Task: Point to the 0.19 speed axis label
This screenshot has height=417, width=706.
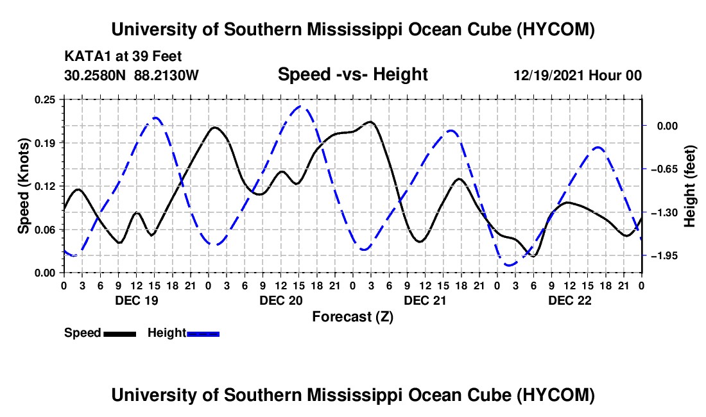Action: (x=44, y=143)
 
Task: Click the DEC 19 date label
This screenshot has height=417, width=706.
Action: (x=137, y=300)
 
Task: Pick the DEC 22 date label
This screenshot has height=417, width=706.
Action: (x=569, y=300)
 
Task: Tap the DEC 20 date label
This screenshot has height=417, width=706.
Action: (x=281, y=300)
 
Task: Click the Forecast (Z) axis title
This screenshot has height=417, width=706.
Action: (x=352, y=317)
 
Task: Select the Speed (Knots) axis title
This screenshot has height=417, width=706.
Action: (x=23, y=186)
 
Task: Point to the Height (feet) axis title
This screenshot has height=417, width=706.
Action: (x=689, y=186)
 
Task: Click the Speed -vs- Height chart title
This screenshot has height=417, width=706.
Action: (x=352, y=74)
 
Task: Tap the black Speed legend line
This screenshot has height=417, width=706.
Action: (x=120, y=334)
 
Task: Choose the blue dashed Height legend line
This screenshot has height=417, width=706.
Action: (x=203, y=334)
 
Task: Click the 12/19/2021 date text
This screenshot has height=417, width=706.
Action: (x=549, y=75)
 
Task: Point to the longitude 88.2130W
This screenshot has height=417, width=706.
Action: (x=166, y=75)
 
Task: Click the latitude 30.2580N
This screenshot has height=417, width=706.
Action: (x=95, y=75)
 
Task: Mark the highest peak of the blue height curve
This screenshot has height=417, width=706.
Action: (x=300, y=106)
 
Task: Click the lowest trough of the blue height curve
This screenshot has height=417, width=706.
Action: (x=509, y=265)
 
